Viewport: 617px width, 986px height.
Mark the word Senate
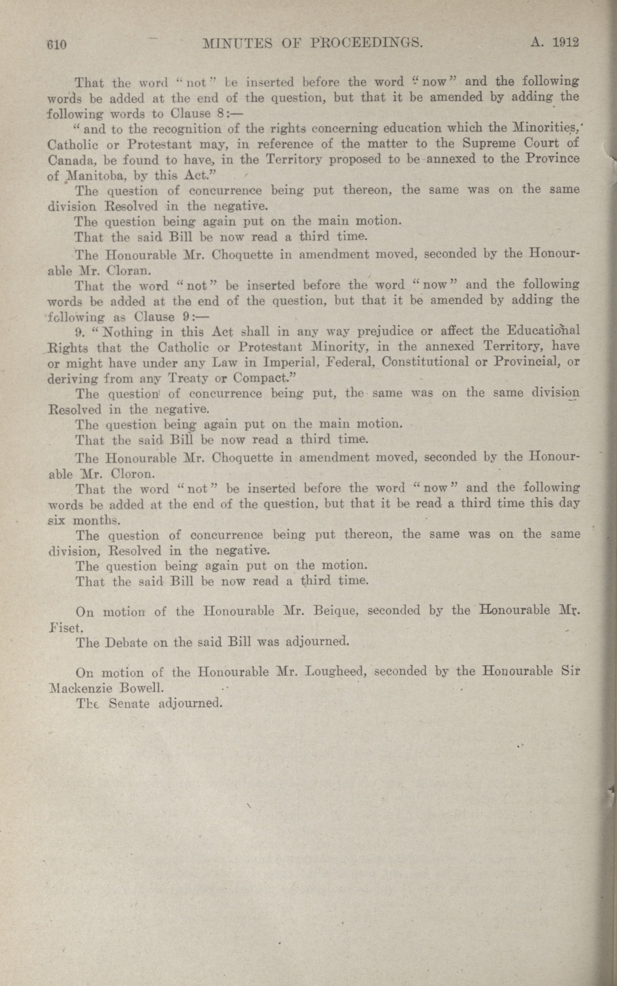tap(129, 704)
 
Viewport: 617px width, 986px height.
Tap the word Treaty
tap(188, 379)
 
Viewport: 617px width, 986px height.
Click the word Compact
tap(264, 379)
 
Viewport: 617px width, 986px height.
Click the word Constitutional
tap(427, 362)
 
